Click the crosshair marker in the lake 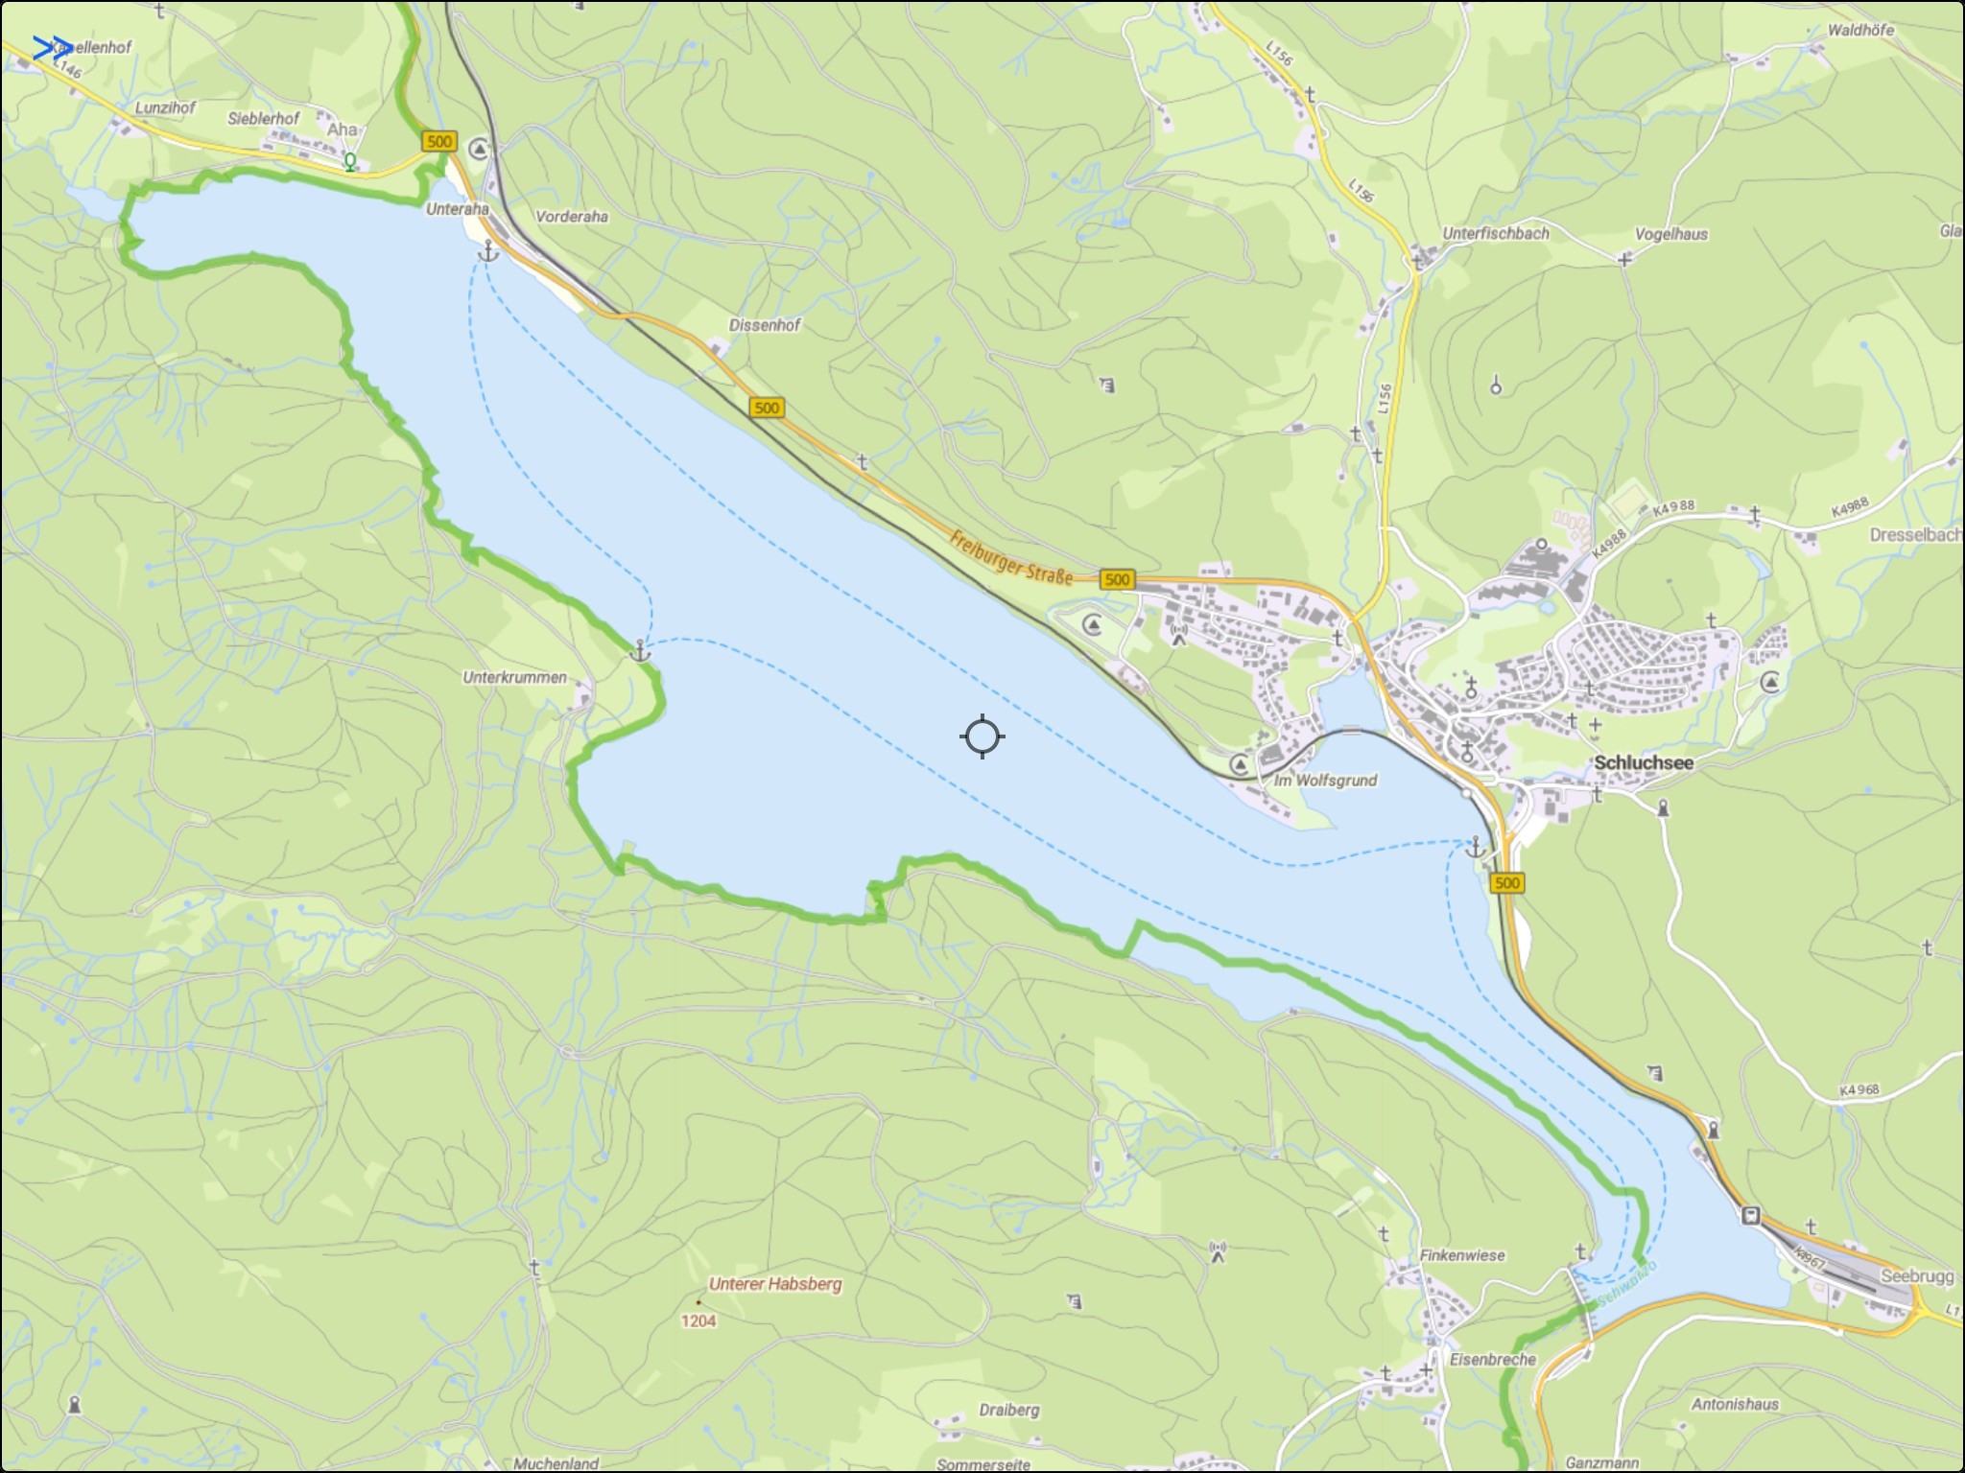982,736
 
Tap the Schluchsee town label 1644,763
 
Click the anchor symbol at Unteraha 488,251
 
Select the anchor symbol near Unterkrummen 640,652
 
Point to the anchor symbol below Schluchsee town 1475,847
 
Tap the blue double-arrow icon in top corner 52,48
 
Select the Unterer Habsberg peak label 775,1284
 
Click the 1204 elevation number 698,1321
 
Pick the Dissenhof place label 764,325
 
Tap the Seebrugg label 1917,1277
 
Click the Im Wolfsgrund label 1325,781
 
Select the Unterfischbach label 1495,233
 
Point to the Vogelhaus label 1671,234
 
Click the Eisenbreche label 1493,1359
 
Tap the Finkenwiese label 1462,1255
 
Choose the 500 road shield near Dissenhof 766,409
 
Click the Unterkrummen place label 514,677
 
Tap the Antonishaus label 1735,1404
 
